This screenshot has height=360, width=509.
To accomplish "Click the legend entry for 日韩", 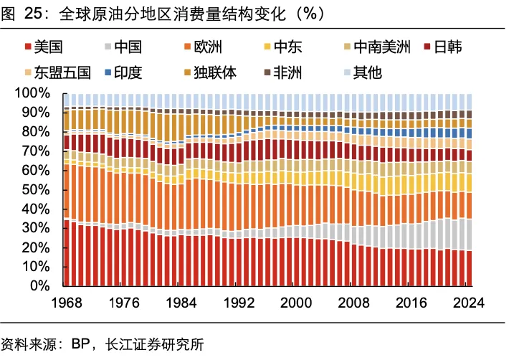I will tap(448, 47).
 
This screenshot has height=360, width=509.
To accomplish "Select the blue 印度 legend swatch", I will tap(107, 72).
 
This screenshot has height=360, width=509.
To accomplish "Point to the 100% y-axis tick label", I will tap(31, 93).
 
